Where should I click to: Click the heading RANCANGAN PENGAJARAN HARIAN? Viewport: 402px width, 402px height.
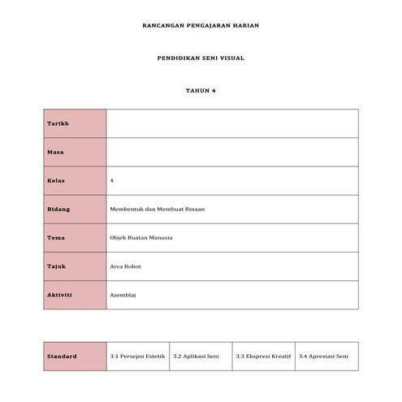point(201,26)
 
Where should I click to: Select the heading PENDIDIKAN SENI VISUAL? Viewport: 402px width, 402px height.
point(201,58)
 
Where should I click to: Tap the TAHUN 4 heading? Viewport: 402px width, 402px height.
point(201,90)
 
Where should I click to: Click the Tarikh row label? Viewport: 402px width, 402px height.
point(58,123)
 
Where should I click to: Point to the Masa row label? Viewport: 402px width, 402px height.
point(55,152)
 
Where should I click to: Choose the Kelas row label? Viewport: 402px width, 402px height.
point(56,180)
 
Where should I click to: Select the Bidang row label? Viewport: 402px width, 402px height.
point(58,209)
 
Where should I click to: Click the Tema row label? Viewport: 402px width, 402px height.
point(56,237)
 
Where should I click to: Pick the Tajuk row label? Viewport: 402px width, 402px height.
point(56,266)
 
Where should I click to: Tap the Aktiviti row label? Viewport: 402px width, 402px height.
point(59,294)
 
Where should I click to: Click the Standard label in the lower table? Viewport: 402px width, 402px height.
point(62,356)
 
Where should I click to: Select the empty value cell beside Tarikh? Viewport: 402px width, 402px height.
point(231,123)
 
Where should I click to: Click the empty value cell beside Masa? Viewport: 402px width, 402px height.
point(231,152)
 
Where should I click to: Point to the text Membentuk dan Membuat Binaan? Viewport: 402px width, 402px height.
point(157,209)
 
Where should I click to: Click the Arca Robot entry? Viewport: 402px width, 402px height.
point(125,266)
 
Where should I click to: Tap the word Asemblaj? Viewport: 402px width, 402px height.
point(123,294)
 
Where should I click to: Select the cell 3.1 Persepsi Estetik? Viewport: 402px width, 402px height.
point(136,356)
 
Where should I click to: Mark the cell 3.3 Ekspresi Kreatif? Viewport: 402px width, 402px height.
point(262,356)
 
